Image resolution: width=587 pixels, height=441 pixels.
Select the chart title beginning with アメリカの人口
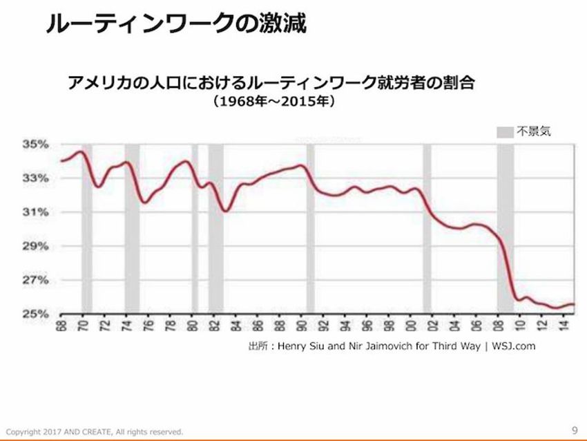tap(273, 84)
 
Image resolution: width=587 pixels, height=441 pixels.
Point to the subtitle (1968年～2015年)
tap(274, 104)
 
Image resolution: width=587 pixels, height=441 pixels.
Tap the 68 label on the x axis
tap(61, 326)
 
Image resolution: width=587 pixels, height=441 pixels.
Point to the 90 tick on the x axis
tap(301, 326)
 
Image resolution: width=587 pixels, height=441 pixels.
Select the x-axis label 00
tap(410, 326)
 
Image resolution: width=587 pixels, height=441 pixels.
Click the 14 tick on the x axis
tap(562, 326)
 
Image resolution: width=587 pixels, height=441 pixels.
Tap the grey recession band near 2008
tap(505, 228)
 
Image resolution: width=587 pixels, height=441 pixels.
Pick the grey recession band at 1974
tap(131, 228)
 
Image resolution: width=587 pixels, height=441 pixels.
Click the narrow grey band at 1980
tap(195, 228)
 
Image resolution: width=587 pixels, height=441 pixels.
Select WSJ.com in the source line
tap(514, 345)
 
